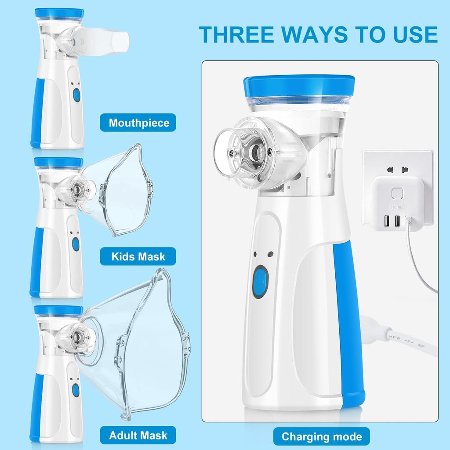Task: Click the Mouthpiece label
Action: (138, 123)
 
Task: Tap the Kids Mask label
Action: (138, 256)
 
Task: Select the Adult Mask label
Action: (138, 435)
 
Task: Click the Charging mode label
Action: (322, 436)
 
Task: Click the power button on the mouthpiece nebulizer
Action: (76, 95)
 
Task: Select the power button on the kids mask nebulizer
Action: (76, 244)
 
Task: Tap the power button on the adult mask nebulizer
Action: (76, 390)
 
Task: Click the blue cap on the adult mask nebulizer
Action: (58, 310)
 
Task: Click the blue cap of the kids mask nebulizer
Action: (58, 162)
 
